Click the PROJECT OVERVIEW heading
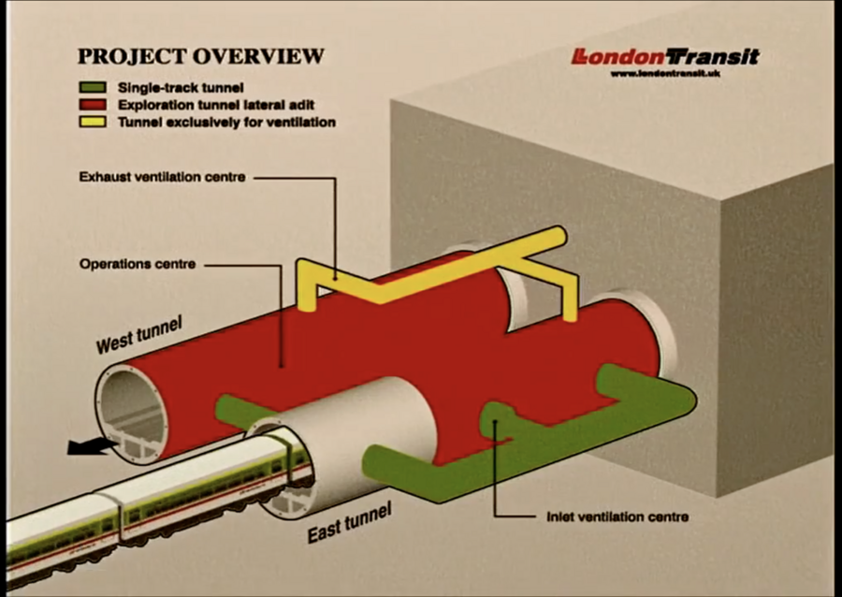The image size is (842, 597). [200, 56]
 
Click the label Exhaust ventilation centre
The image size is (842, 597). [163, 176]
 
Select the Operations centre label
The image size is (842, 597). [138, 265]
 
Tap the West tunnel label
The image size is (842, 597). [139, 336]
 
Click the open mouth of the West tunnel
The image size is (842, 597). [131, 412]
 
